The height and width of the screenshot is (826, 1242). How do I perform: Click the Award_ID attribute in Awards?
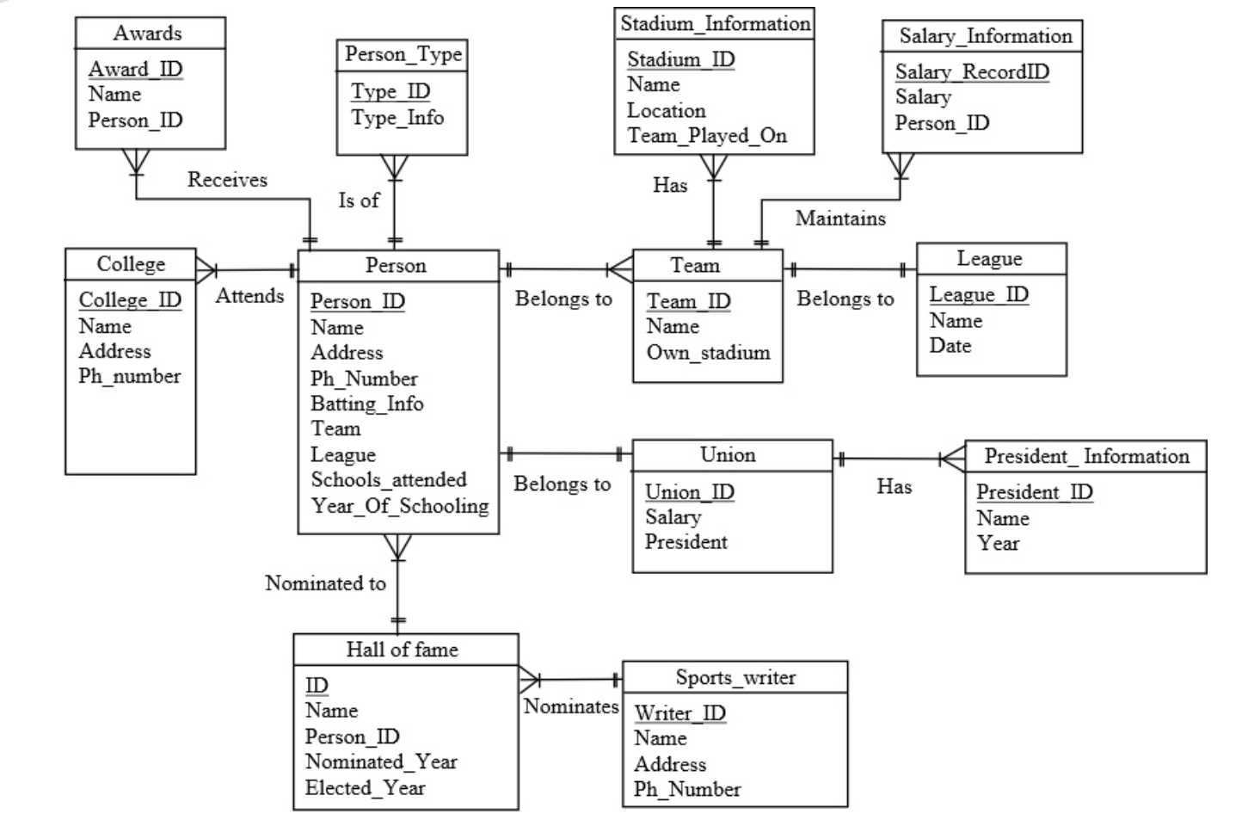coord(135,69)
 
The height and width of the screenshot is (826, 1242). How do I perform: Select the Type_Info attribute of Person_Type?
coord(397,118)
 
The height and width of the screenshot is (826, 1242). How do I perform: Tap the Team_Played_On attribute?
coord(706,136)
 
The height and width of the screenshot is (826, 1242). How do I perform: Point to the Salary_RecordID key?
coord(971,71)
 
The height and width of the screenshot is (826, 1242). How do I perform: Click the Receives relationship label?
coord(227,180)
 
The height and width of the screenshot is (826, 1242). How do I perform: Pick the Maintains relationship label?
coord(839,219)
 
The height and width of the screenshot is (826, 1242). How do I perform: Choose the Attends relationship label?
coord(249,296)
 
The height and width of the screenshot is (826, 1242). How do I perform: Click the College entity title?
coord(131,264)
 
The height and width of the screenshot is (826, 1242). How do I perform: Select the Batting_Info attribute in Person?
coord(366,404)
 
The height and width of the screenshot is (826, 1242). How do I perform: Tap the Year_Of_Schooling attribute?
coord(399,506)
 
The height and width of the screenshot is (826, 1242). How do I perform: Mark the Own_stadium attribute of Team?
coord(708,353)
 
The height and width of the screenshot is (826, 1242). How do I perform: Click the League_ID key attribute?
coord(978,294)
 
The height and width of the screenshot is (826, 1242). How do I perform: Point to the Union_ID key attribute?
coord(689,492)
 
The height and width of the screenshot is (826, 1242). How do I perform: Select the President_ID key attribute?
coord(1034,492)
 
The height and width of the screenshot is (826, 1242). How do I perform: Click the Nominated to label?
coord(325,583)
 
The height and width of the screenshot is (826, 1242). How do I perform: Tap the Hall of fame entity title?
coord(402,650)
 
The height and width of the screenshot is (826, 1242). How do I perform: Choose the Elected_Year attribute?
coord(365,788)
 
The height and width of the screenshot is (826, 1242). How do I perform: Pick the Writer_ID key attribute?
coord(679,713)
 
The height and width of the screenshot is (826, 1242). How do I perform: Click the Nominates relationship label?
coord(571,706)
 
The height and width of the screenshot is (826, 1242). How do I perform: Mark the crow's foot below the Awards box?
coord(136,162)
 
